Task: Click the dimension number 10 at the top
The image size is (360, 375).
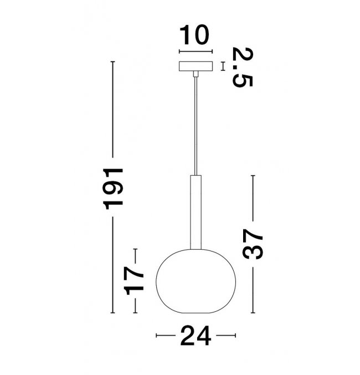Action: tap(194, 35)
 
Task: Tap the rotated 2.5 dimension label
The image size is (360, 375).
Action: tap(243, 67)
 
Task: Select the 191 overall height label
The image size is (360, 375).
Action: tap(113, 189)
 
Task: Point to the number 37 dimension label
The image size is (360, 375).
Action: tap(253, 244)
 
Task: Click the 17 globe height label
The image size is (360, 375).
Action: tap(134, 280)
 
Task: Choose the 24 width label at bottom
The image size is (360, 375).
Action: tap(196, 336)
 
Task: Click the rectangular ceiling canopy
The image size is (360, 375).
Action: tap(196, 66)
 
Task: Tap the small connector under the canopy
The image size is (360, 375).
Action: tap(196, 74)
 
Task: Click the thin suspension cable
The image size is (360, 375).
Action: tap(196, 126)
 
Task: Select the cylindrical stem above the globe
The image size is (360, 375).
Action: tap(196, 212)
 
